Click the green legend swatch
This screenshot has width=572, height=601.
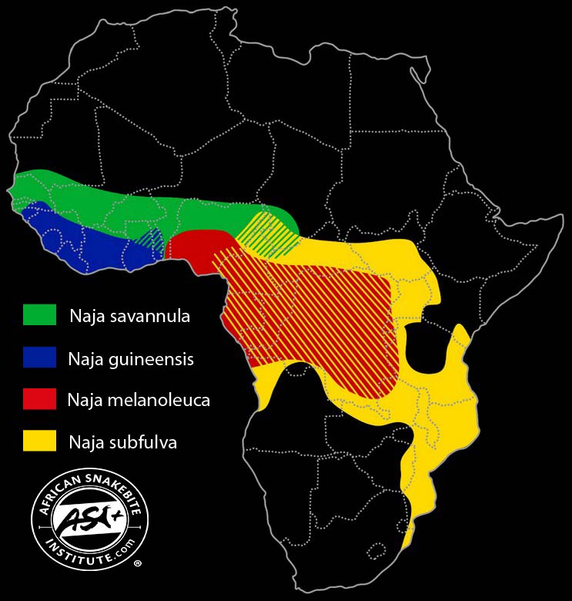tap(40, 315)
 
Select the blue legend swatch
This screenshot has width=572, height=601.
tap(40, 358)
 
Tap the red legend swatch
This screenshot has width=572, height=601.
tap(40, 399)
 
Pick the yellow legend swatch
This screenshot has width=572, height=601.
tap(40, 441)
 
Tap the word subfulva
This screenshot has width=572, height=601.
tap(147, 442)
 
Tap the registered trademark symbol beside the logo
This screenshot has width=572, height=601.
tap(138, 564)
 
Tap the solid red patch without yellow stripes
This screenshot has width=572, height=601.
tap(189, 247)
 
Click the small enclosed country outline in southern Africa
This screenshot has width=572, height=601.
tap(376, 552)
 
